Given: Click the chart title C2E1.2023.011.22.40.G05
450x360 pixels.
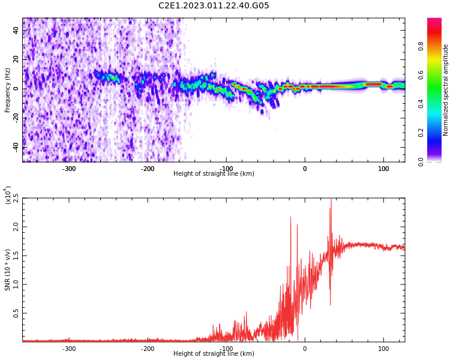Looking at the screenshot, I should click(214, 6).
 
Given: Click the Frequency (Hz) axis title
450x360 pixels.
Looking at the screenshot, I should click(8, 90).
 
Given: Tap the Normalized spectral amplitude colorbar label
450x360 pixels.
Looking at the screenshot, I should click(446, 90).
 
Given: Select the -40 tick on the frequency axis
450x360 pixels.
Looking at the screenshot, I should click(16, 146).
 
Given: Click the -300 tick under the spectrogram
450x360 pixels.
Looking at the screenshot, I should click(69, 169).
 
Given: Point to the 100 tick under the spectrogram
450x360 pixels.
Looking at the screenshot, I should click(383, 169).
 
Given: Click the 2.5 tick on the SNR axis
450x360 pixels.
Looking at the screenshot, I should click(16, 199).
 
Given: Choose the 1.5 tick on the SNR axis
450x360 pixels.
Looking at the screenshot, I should click(16, 256).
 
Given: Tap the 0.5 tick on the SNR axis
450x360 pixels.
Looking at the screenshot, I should click(16, 313).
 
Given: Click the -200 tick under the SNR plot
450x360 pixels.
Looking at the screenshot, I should click(148, 349).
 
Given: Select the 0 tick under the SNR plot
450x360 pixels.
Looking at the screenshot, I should click(305, 349).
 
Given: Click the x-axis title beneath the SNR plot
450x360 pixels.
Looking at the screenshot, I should click(214, 354).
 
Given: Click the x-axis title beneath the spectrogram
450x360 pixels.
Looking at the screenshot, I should click(214, 174).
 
